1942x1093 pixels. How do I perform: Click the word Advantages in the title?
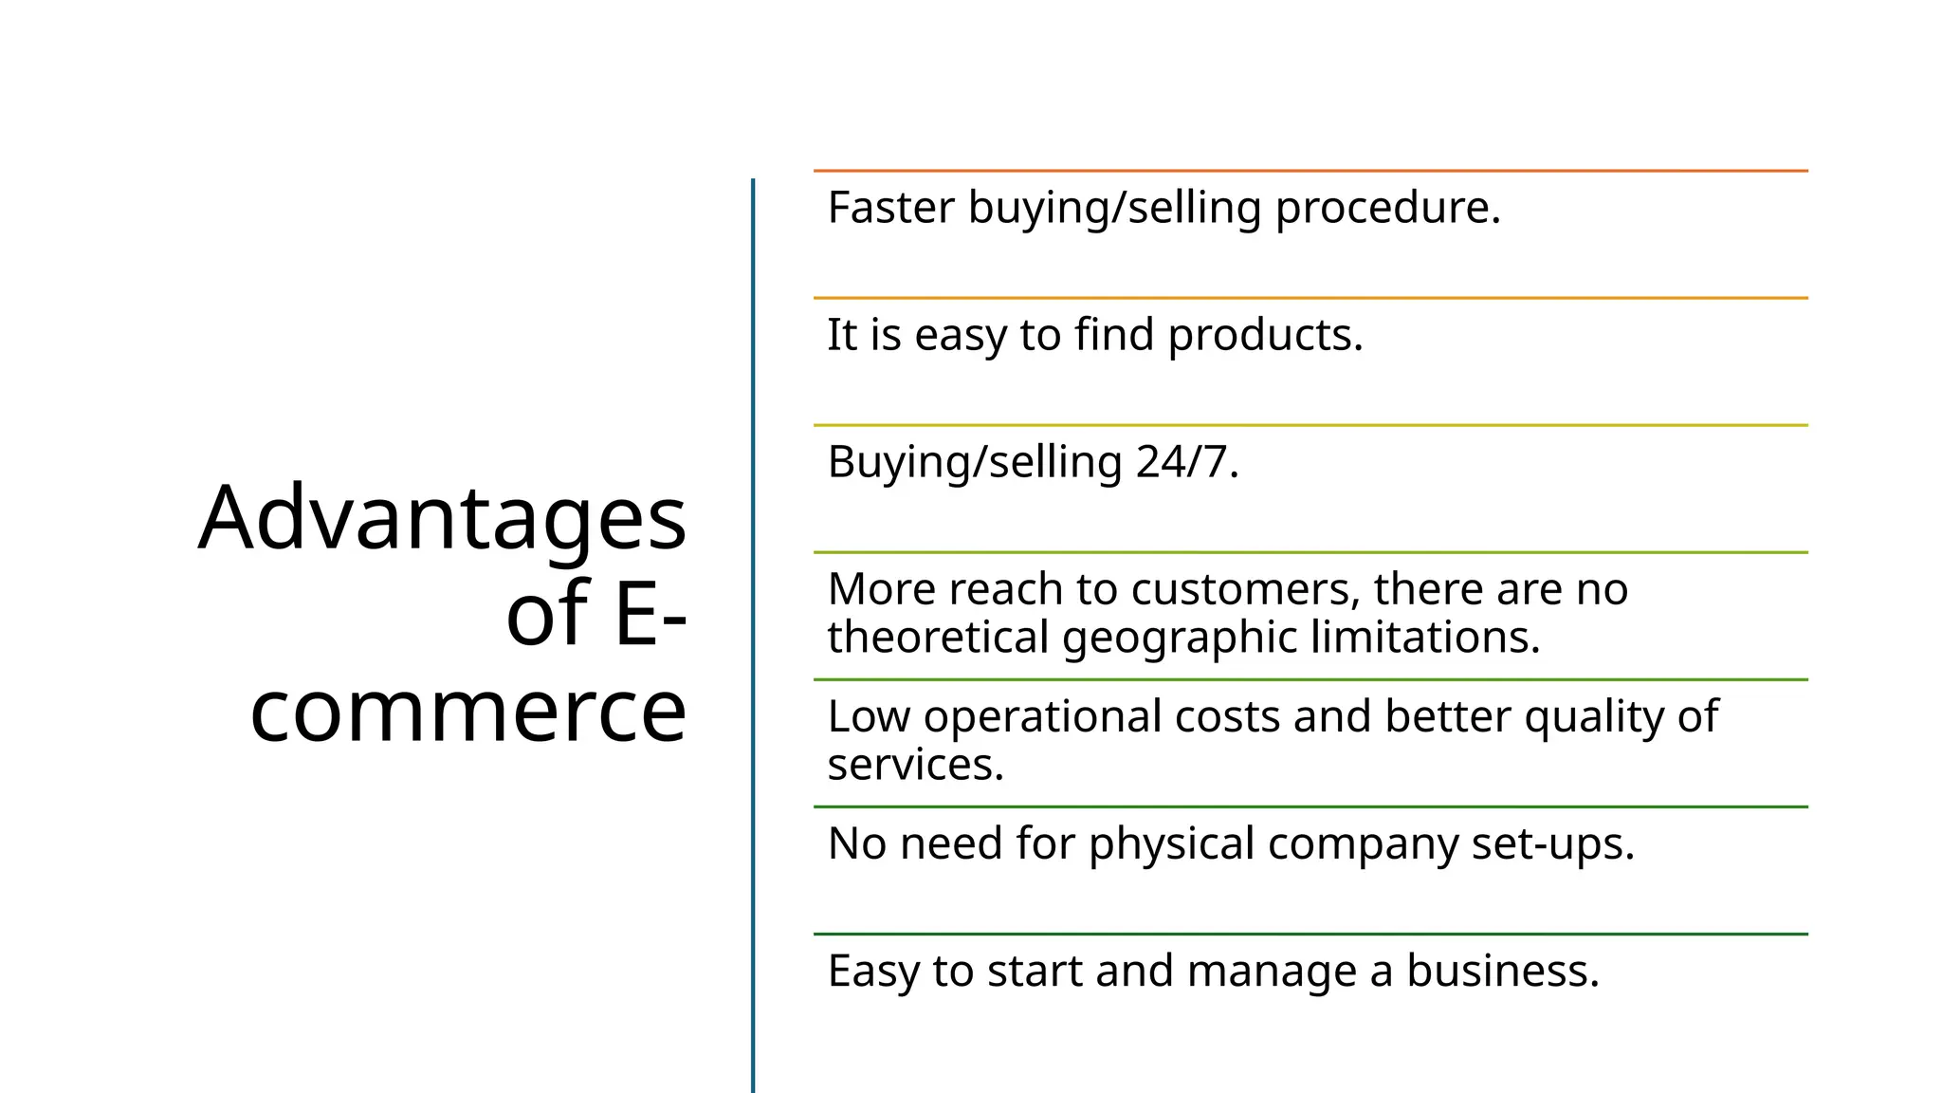click(442, 519)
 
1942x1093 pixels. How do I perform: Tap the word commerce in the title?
click(468, 711)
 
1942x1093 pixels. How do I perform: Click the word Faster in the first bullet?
click(890, 208)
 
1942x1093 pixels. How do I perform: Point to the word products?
click(1265, 336)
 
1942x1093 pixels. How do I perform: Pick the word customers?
click(1245, 590)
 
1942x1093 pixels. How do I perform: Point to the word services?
click(915, 765)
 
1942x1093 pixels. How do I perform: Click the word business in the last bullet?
click(1502, 971)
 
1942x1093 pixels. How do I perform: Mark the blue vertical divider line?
click(753, 636)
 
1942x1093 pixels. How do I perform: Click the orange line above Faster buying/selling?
click(1310, 171)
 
